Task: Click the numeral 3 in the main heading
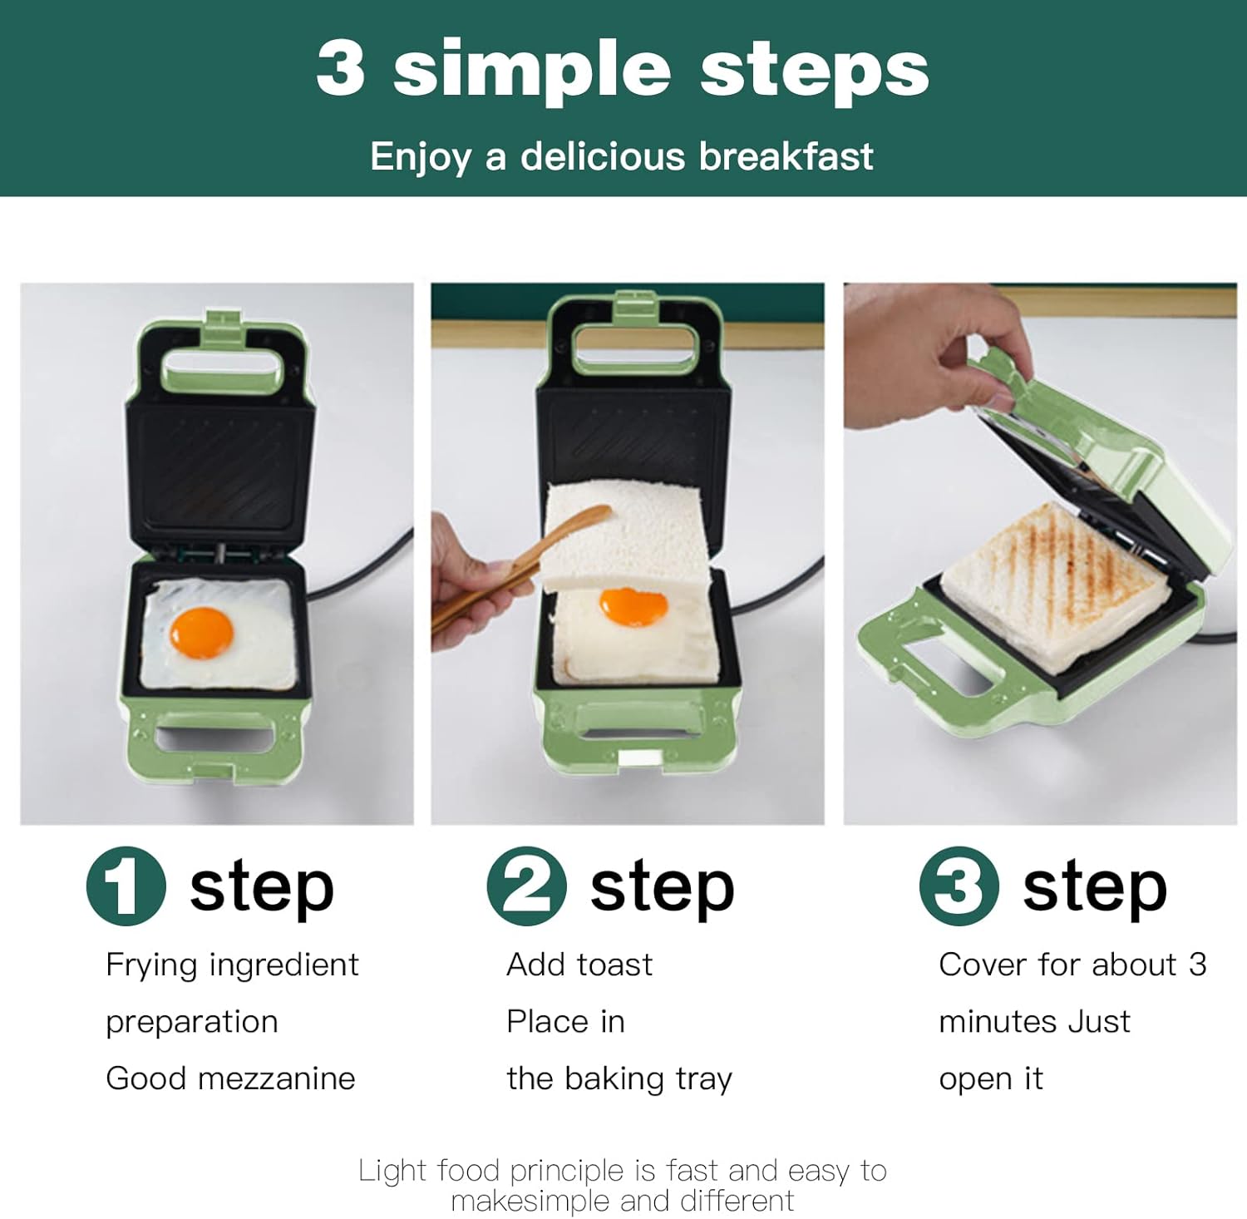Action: pyautogui.click(x=341, y=67)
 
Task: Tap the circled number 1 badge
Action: pyautogui.click(x=126, y=886)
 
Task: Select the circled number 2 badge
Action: pyautogui.click(x=527, y=886)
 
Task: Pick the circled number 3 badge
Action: pyautogui.click(x=959, y=886)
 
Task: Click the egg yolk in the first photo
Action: pyautogui.click(x=201, y=633)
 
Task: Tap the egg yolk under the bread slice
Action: pyautogui.click(x=633, y=606)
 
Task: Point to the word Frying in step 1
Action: pyautogui.click(x=153, y=965)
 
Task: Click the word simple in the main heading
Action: pyautogui.click(x=531, y=71)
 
